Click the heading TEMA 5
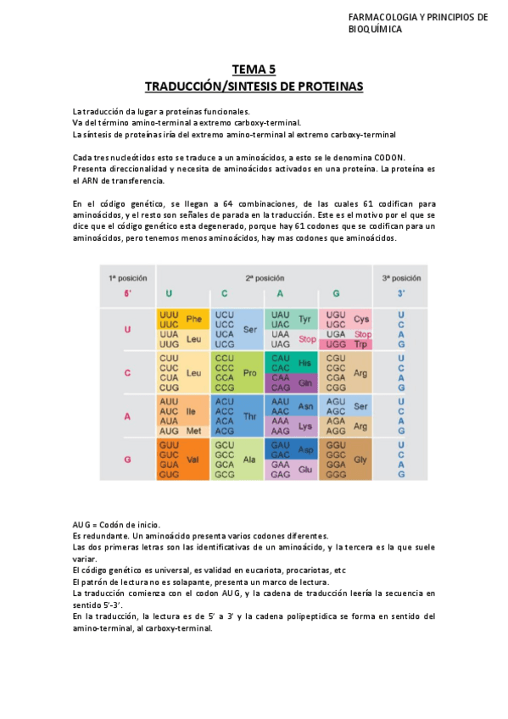[x=254, y=70]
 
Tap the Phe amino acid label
[x=194, y=319]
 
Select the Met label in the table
[x=194, y=432]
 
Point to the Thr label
[x=249, y=416]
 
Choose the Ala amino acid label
[x=249, y=459]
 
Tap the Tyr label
[x=305, y=319]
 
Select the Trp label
[x=361, y=344]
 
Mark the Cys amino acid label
[x=361, y=319]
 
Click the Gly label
[x=361, y=459]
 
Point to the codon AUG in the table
[x=169, y=432]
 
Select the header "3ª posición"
[x=401, y=278]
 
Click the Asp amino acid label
[x=305, y=449]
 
